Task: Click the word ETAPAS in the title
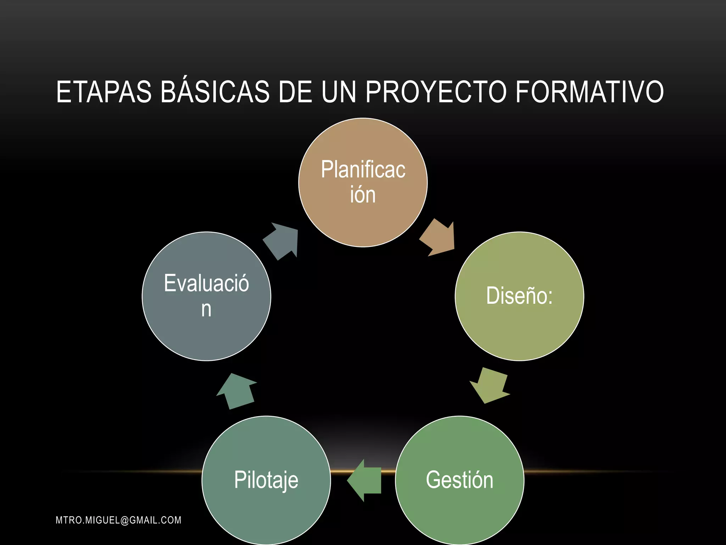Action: pos(104,92)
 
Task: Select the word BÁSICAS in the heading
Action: pos(215,92)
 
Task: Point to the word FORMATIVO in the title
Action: pos(589,92)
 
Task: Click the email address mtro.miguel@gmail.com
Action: pos(118,520)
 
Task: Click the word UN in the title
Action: pos(339,92)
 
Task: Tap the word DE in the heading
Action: pos(295,92)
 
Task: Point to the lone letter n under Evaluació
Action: pos(206,309)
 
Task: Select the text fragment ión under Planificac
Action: pos(363,195)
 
